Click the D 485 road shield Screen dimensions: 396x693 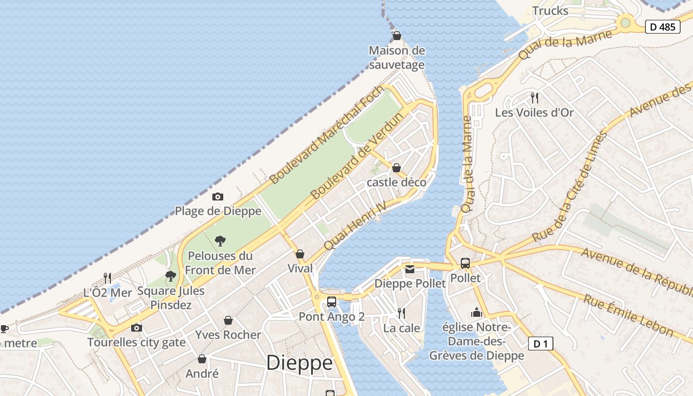pos(662,27)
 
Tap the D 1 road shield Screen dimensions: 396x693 pos(541,344)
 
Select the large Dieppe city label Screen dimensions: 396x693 pos(299,363)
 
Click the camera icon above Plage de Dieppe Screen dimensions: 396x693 pos(217,197)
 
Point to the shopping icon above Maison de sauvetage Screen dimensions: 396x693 pos(396,36)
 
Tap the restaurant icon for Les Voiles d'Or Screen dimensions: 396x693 pos(534,98)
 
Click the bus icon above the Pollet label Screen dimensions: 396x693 pos(465,263)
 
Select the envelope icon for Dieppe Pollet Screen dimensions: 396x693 pos(410,269)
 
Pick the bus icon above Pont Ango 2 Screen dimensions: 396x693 pos(331,301)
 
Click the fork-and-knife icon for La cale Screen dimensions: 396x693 pos(401,313)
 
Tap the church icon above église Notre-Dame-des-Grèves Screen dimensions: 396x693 pos(476,312)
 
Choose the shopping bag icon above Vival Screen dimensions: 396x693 pos(299,254)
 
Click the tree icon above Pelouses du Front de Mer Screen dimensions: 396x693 pos(220,241)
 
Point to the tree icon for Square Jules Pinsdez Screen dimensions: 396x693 pos(170,276)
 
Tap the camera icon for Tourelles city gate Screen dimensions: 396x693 pos(136,328)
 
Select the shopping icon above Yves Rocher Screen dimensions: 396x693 pos(228,320)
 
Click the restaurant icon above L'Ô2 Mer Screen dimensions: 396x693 pos(107,278)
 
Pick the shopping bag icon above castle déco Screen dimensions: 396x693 pos(396,168)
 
